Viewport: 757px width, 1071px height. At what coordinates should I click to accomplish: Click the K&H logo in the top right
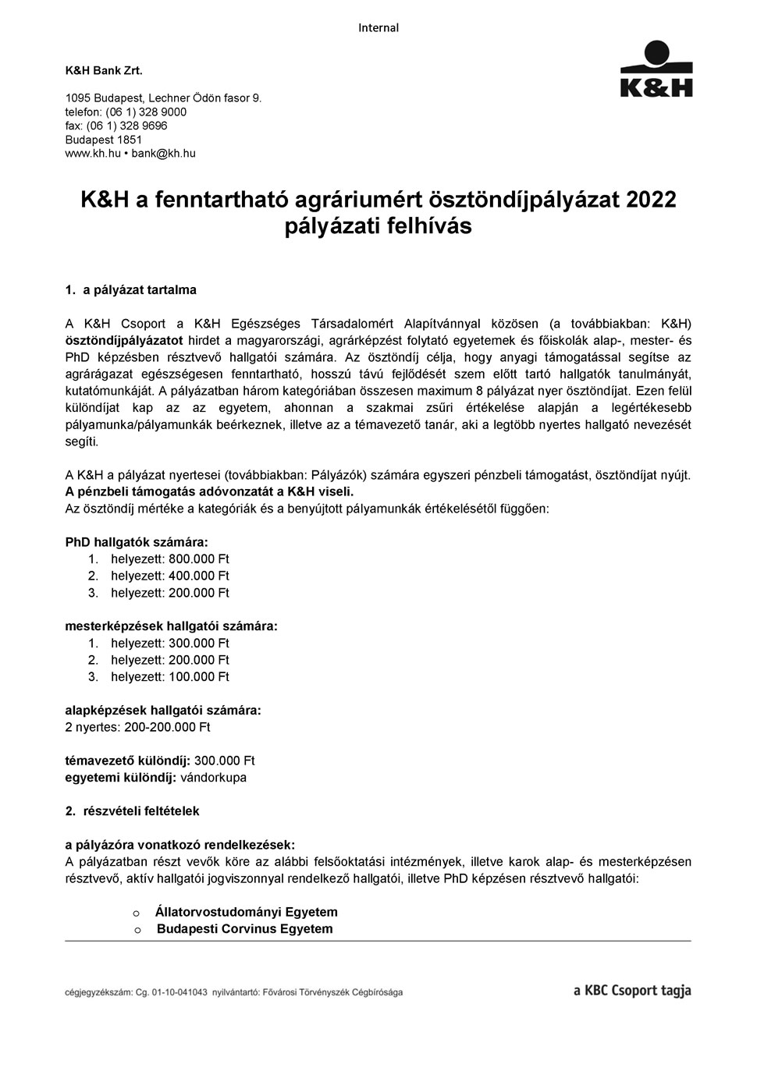[656, 69]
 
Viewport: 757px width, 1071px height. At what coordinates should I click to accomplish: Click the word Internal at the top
[378, 28]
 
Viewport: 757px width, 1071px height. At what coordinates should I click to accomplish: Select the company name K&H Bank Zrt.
[104, 70]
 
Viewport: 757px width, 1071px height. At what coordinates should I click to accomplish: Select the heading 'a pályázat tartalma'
[140, 290]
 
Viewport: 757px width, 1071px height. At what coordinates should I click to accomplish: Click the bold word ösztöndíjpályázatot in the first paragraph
[124, 341]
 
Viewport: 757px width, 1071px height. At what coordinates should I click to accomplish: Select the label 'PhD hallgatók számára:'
[137, 542]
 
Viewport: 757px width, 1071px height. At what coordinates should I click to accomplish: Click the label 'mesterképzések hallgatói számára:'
[171, 626]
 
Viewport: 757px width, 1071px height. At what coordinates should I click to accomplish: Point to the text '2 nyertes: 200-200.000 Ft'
[137, 728]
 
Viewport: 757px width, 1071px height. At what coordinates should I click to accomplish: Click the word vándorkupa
[213, 778]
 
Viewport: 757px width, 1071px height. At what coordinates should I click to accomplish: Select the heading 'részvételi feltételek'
[141, 811]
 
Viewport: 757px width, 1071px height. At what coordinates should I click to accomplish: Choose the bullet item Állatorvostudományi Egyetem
[247, 912]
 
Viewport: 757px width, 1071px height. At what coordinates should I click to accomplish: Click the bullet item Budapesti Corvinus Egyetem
[244, 929]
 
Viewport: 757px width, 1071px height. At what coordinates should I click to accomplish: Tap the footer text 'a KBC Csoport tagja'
[632, 991]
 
